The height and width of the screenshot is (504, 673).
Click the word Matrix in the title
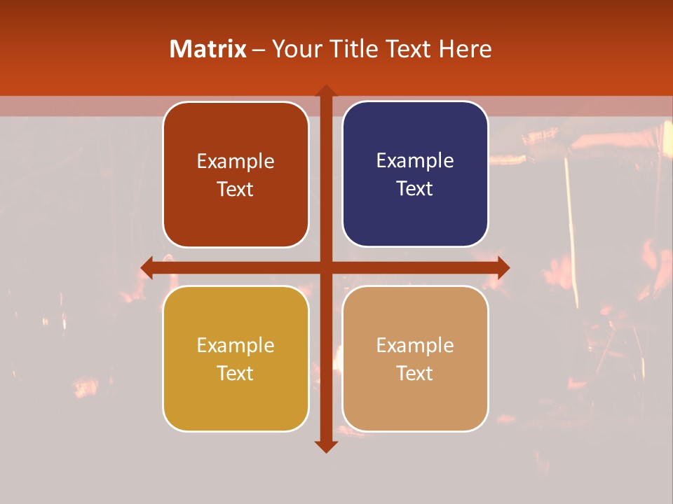point(208,49)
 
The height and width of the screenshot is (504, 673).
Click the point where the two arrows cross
point(325,267)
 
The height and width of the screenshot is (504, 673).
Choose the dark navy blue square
point(415,174)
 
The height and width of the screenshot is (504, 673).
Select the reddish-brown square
point(236,174)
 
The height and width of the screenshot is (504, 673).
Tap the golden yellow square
point(236,358)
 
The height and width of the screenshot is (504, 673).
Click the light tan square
point(415,358)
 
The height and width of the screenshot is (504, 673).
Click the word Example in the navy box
point(415,160)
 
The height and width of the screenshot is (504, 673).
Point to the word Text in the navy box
point(415,188)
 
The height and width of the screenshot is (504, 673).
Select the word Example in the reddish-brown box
point(236,161)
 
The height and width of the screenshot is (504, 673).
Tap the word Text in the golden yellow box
point(236,373)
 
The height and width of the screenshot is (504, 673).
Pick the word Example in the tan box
point(415,345)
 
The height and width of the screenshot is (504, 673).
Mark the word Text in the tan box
point(415,373)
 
